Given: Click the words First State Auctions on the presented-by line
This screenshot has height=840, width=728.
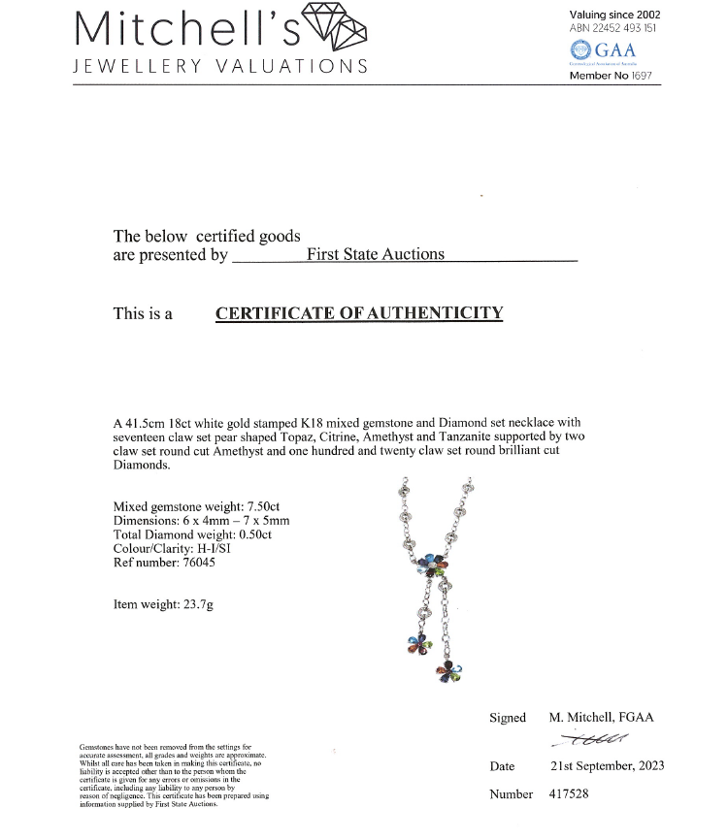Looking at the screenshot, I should [375, 254].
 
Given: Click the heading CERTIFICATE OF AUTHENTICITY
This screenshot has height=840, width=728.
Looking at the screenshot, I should [359, 313].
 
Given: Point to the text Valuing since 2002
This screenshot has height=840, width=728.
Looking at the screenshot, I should [613, 15].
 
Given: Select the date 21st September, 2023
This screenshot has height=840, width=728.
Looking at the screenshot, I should [607, 765].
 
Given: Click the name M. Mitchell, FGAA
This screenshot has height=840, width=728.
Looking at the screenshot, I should [601, 718].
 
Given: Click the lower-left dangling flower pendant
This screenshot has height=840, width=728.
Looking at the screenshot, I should [417, 644].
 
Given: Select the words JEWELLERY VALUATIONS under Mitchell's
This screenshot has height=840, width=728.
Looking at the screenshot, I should [221, 66].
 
